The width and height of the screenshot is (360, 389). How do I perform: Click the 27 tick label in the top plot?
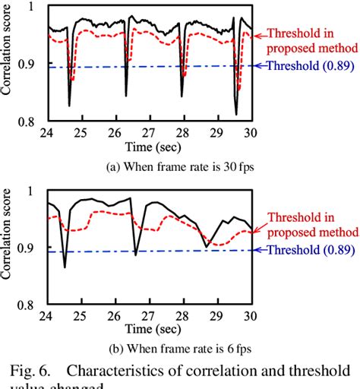pos(153,132)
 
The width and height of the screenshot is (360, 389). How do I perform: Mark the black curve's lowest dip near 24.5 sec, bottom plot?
pos(65,267)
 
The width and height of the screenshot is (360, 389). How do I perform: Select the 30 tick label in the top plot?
pos(257,132)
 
